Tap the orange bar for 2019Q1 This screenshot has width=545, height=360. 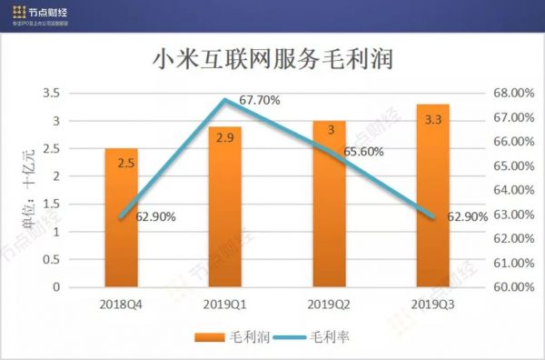(224, 227)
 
